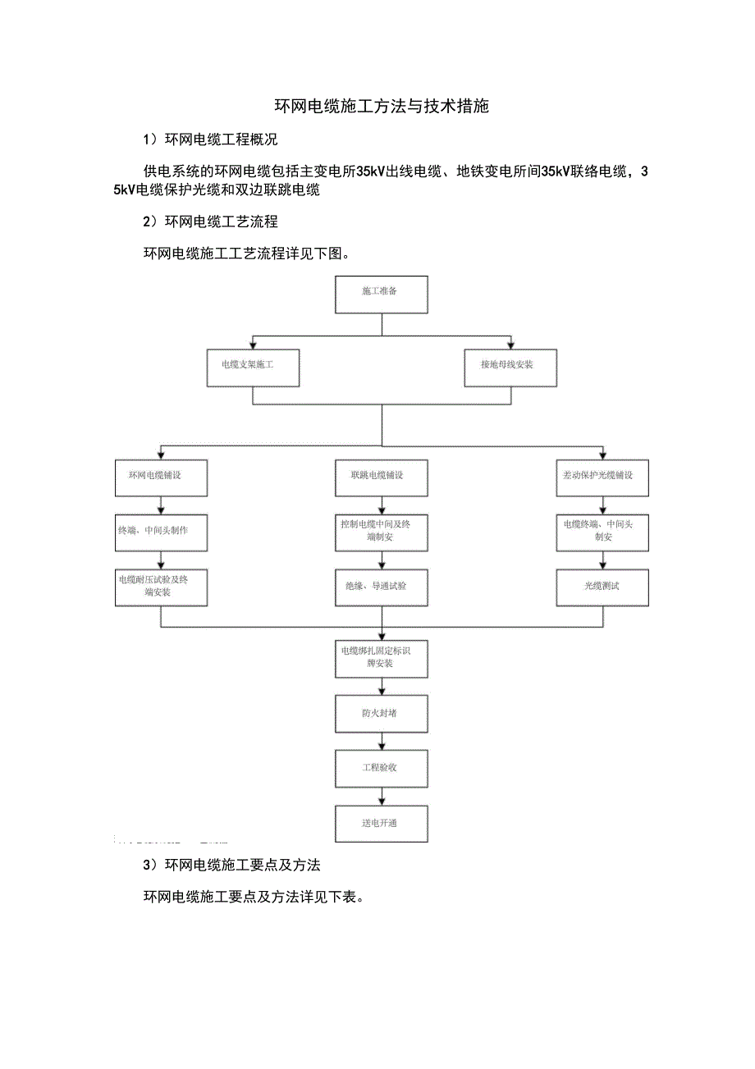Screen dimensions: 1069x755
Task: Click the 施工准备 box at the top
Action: (382, 295)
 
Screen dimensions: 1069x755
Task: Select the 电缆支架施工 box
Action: (253, 368)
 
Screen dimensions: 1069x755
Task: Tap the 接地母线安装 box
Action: (510, 368)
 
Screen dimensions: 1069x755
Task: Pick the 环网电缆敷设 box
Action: (161, 477)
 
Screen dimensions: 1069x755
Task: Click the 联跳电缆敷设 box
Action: (382, 477)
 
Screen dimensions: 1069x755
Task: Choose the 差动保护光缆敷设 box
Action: (602, 477)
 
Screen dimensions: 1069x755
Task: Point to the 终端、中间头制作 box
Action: (161, 532)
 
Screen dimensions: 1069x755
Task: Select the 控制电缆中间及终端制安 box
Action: (382, 532)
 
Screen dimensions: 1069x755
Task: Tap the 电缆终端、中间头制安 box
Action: (602, 532)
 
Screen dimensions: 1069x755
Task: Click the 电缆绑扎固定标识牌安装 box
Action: (382, 658)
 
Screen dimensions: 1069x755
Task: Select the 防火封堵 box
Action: (382, 714)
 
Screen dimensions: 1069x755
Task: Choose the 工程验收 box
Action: (382, 769)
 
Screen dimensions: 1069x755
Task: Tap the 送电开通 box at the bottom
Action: (382, 823)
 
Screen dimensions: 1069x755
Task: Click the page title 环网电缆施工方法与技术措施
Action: (382, 107)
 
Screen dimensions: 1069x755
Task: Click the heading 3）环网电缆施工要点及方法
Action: (231, 866)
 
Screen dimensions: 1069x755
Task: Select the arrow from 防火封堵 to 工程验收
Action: (382, 742)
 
